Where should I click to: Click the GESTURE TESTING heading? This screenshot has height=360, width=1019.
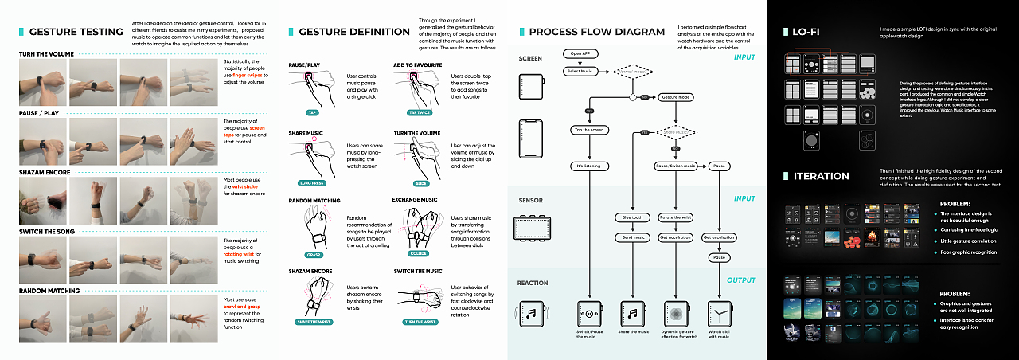tap(76, 33)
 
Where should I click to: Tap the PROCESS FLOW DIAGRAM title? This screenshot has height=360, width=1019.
tap(596, 33)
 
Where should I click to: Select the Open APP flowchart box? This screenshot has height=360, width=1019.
tap(580, 54)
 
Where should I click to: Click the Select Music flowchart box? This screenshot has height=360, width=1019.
tap(580, 71)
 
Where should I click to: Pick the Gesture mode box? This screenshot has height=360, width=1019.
tap(675, 96)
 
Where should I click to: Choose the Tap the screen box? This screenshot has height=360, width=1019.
tap(588, 129)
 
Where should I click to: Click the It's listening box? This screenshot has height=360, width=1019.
tap(588, 166)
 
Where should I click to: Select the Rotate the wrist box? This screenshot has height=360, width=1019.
tap(676, 217)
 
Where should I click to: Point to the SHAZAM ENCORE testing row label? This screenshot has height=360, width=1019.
tap(45, 172)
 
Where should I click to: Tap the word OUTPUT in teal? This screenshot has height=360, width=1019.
tap(740, 280)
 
